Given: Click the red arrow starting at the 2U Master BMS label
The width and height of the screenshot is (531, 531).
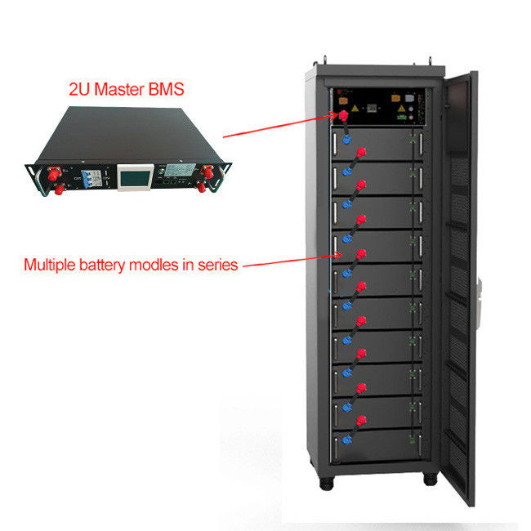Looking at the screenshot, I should (x=278, y=123).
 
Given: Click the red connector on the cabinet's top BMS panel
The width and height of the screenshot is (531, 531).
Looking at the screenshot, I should (x=344, y=117).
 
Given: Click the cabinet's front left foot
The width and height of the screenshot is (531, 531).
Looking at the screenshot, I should (x=333, y=482).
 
